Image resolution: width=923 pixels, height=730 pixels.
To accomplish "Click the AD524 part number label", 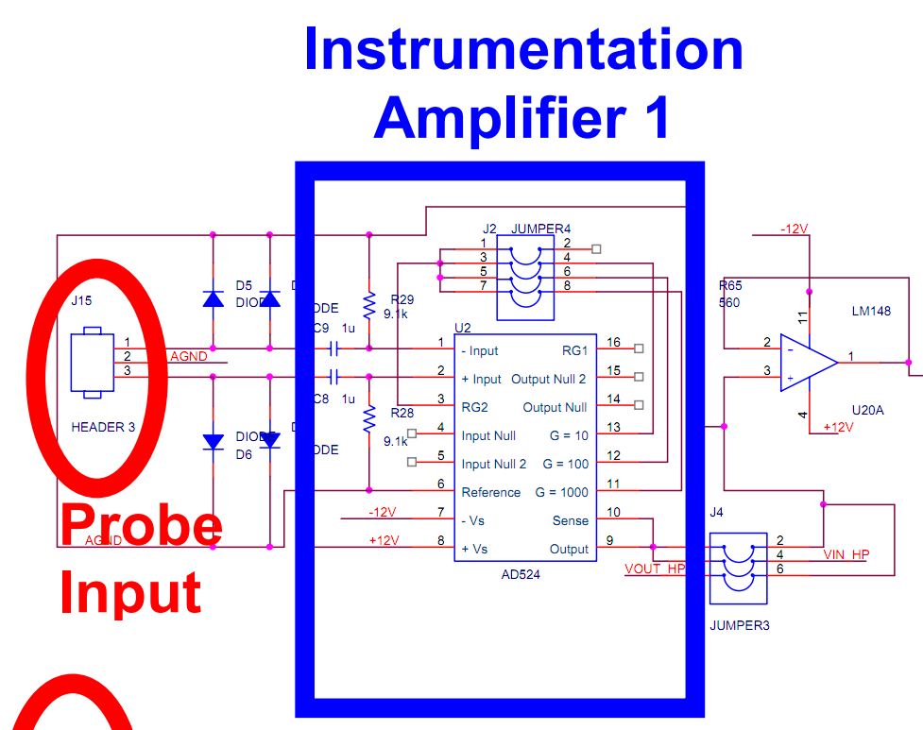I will tap(521, 572).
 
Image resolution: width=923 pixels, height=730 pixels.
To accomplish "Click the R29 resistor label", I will tap(401, 298).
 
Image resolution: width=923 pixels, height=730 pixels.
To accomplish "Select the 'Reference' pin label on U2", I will tap(490, 492).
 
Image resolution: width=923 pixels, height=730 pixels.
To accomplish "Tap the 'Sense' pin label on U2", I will tap(570, 520).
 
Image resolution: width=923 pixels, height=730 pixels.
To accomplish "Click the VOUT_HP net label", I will tap(655, 569).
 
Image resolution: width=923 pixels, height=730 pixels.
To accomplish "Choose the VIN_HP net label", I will tap(846, 554).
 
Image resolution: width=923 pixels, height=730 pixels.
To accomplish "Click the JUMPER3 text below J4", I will tap(739, 625).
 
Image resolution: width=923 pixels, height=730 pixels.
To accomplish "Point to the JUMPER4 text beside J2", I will tap(540, 229).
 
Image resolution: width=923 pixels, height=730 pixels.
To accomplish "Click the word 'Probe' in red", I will tap(141, 525).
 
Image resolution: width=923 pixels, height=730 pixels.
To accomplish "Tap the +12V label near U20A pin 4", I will tap(838, 427).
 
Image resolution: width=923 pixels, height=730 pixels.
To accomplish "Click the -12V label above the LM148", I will tap(794, 229).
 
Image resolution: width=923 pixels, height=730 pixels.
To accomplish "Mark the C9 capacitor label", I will tap(321, 330).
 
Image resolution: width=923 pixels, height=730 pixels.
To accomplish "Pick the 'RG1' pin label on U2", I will tap(574, 350).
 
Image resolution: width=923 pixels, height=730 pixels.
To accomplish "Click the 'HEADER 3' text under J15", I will tap(103, 427).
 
